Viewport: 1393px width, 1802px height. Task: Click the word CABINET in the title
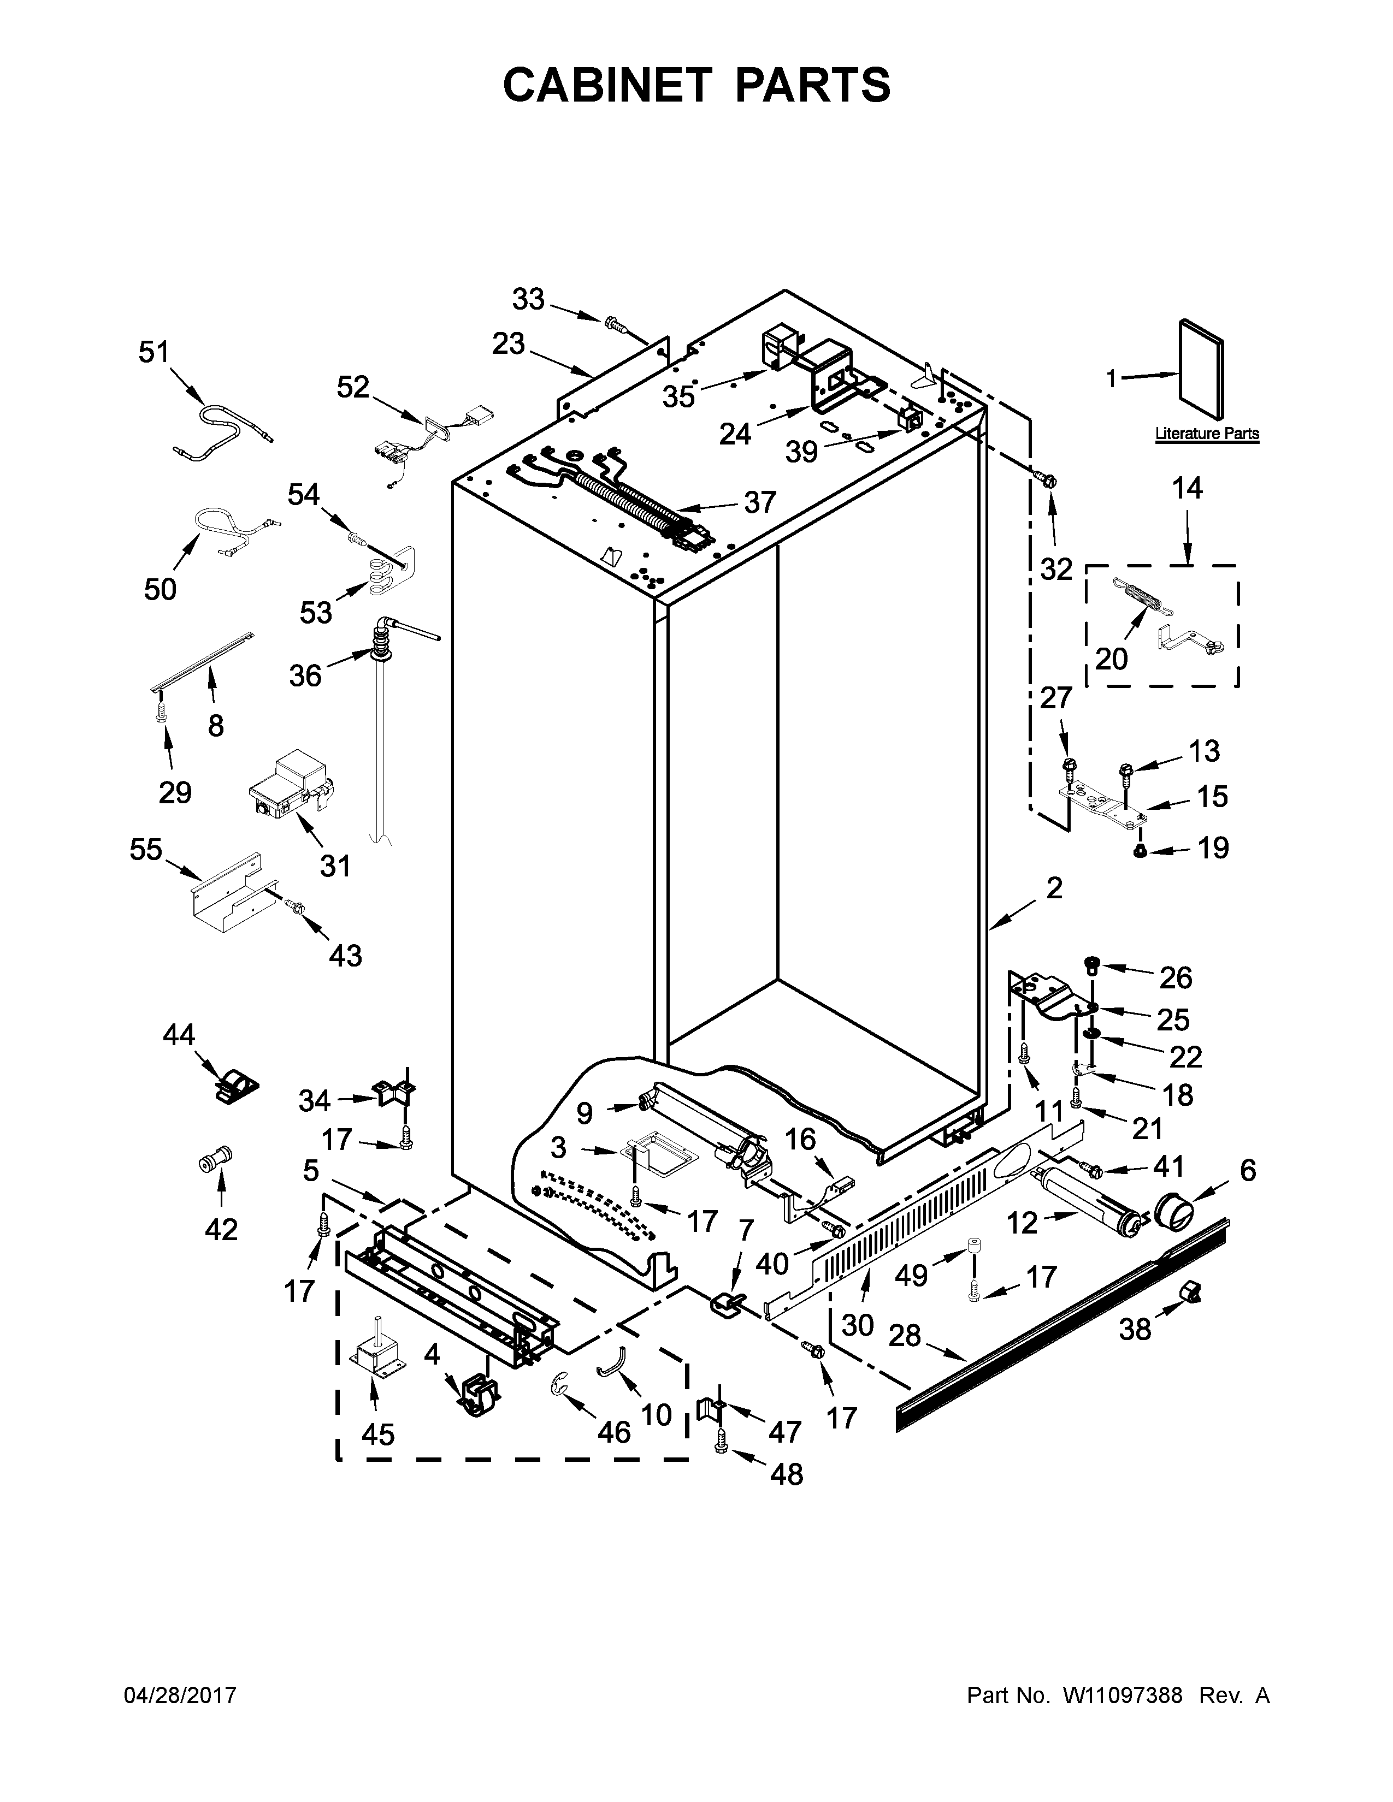[x=606, y=85]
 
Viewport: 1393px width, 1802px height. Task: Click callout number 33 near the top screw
[x=528, y=299]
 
